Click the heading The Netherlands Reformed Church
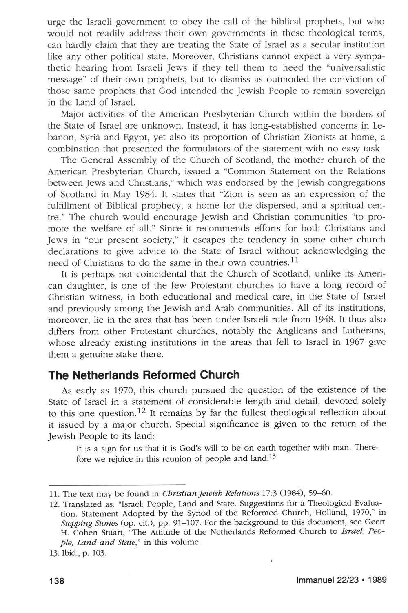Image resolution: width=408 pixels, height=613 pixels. [144, 375]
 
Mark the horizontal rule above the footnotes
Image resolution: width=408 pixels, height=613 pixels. [117, 482]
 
